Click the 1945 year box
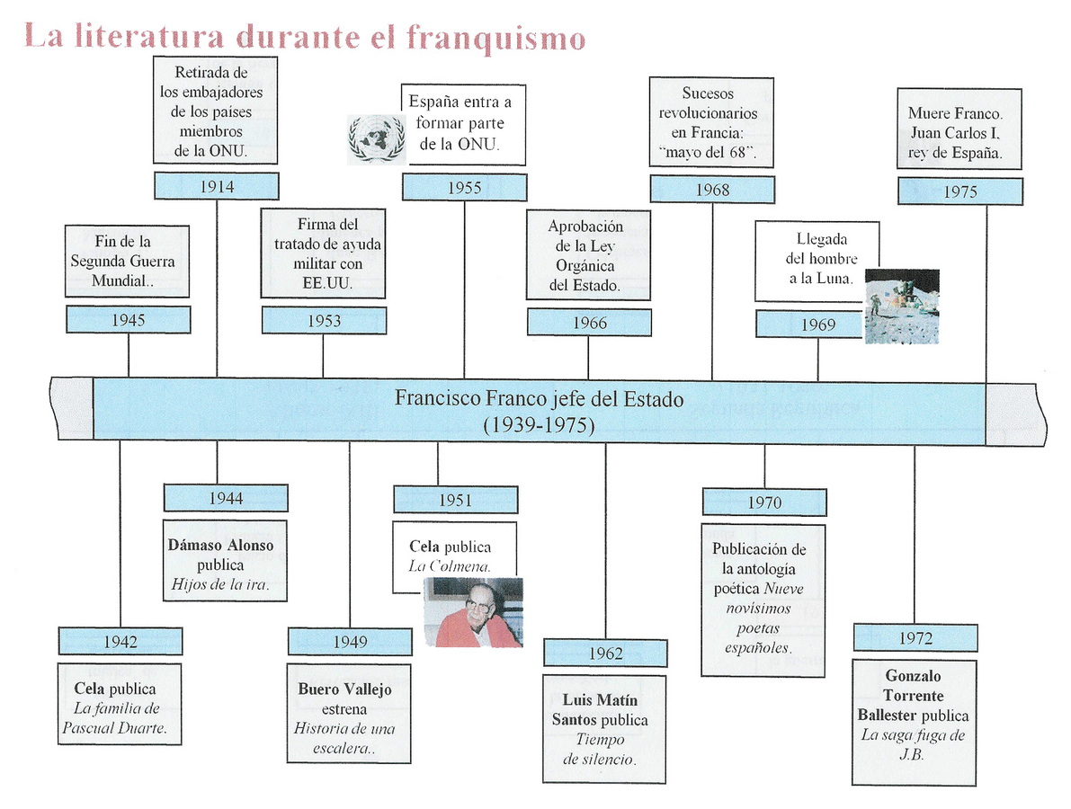click(x=129, y=319)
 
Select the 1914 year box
click(x=217, y=186)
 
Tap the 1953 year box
click(x=324, y=321)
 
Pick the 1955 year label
click(x=464, y=188)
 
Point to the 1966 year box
click(x=589, y=323)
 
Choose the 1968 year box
click(x=712, y=190)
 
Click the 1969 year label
click(x=817, y=324)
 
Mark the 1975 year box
click(x=960, y=191)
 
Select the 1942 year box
click(x=120, y=641)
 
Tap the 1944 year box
click(x=226, y=497)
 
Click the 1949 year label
click(x=350, y=641)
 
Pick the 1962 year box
click(x=605, y=653)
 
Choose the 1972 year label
click(x=915, y=637)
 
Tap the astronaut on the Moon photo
click(x=901, y=306)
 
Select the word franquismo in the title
click(x=495, y=38)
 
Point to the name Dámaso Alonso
click(x=220, y=546)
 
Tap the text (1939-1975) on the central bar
click(x=539, y=425)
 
